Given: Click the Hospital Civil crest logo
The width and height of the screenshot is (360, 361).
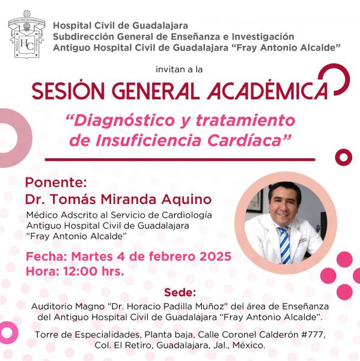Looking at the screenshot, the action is click(26, 34).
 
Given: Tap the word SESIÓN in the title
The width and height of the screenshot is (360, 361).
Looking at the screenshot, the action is click(69, 91).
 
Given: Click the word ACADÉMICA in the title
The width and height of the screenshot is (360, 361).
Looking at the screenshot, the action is click(267, 91).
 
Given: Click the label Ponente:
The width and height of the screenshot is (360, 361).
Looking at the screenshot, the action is click(56, 182).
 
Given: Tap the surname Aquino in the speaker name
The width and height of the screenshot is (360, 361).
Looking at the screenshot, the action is click(186, 200).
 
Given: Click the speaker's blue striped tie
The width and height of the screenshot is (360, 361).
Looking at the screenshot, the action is click(284, 245).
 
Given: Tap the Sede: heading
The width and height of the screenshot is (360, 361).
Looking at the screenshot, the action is click(180, 293).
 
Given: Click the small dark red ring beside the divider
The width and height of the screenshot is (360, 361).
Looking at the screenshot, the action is click(343, 157).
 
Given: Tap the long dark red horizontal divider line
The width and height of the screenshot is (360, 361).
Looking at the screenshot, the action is click(180, 159).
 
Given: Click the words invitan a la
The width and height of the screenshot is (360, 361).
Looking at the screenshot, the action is click(179, 69).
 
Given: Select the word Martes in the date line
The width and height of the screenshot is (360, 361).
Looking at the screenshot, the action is click(92, 256).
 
